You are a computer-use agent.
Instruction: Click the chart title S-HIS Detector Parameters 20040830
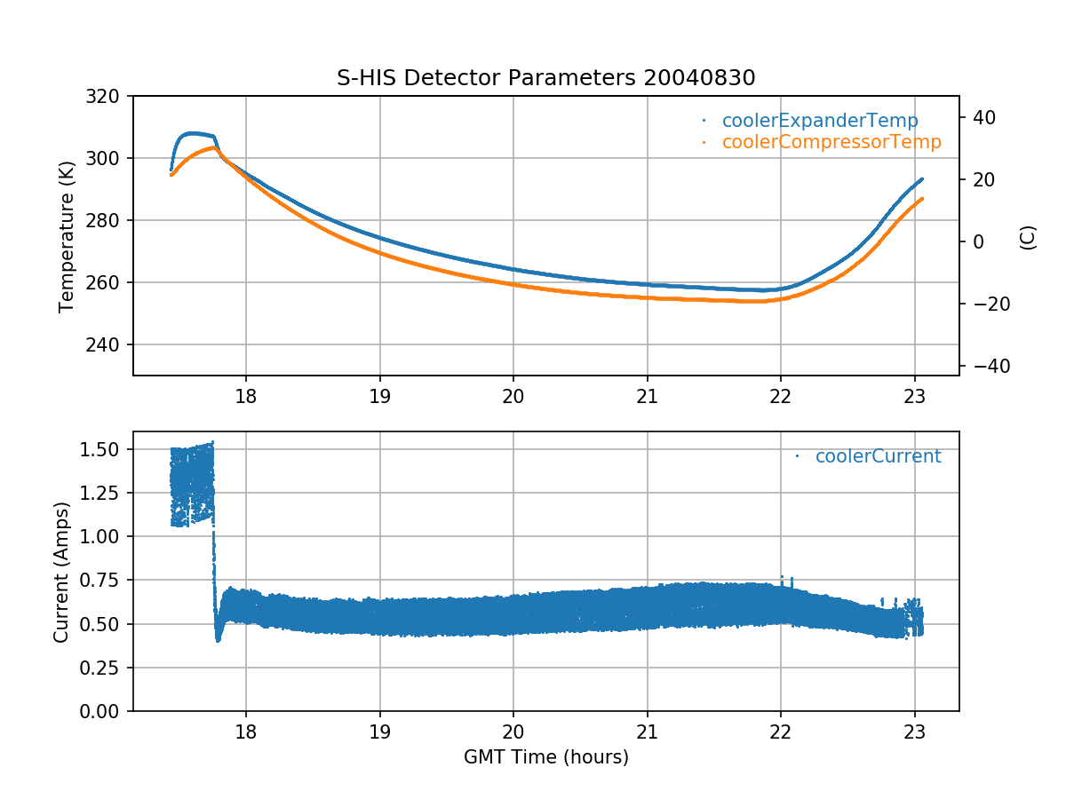coord(545,78)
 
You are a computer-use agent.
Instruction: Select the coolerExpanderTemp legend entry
coord(819,121)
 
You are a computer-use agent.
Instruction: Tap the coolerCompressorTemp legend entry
coord(831,142)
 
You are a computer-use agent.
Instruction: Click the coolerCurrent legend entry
coord(877,456)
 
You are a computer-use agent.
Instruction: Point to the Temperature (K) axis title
coord(66,235)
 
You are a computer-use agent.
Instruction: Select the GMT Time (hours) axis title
coord(545,757)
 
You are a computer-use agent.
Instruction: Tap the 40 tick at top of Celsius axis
coord(983,117)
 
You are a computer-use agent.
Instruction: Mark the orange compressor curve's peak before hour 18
coord(215,148)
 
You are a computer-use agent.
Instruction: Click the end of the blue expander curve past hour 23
coord(921,179)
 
